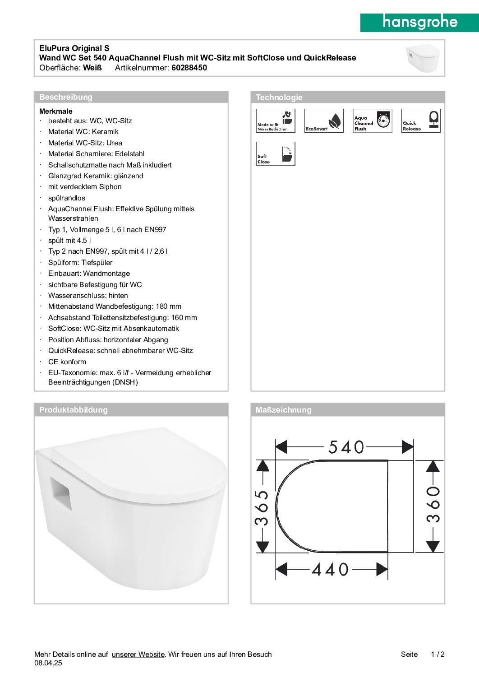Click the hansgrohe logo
pos(419,22)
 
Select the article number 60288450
pos(189,68)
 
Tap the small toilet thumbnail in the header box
pos(423,58)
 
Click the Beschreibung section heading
pos(66,97)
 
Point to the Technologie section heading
pos(279,98)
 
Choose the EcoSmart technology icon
pos(324,121)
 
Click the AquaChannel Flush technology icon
pos(372,121)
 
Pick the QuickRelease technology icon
pos(421,121)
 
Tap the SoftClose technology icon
pos(276,153)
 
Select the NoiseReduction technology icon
pos(276,121)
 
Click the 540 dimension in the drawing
pos(346,447)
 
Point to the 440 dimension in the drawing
pos(330,569)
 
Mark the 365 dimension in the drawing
pos(262,507)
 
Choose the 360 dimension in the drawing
pos(433,504)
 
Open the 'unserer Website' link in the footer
pos(138,654)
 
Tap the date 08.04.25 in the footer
pos(48,663)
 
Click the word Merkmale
pos(56,111)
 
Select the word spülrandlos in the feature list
pos(67,198)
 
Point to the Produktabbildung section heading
pos(74,410)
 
